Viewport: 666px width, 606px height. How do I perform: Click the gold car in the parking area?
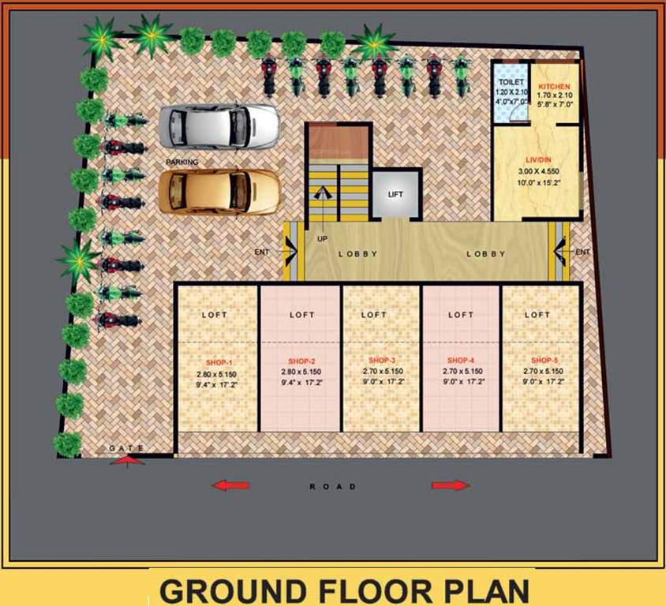click(219, 192)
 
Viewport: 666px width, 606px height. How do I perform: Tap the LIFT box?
click(395, 194)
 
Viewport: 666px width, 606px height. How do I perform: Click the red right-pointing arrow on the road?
click(451, 485)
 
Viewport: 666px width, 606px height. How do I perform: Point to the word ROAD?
click(332, 486)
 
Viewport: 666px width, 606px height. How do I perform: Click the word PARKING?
click(181, 162)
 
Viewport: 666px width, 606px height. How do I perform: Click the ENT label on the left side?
click(262, 252)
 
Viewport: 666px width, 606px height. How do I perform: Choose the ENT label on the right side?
click(582, 252)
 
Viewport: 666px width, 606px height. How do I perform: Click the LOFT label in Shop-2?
click(301, 315)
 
